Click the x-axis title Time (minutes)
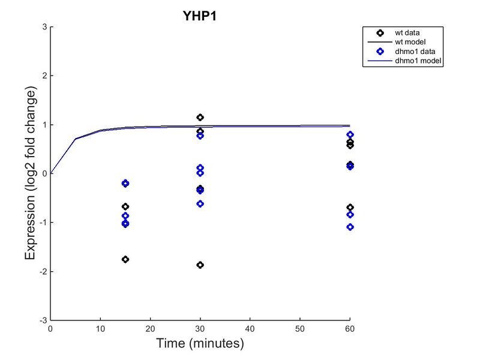click(200, 344)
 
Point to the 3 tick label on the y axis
click(44, 27)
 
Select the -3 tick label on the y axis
click(43, 320)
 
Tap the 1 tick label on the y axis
click(44, 125)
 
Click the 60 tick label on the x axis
click(350, 329)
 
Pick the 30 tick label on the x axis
click(200, 329)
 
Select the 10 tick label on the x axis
click(100, 329)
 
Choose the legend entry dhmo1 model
click(411, 61)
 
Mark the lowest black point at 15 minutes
click(125, 259)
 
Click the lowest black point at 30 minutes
click(200, 265)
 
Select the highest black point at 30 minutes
click(200, 117)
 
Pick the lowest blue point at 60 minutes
click(350, 227)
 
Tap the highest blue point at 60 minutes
click(350, 134)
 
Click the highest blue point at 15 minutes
click(125, 183)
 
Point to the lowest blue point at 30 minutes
click(200, 204)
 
